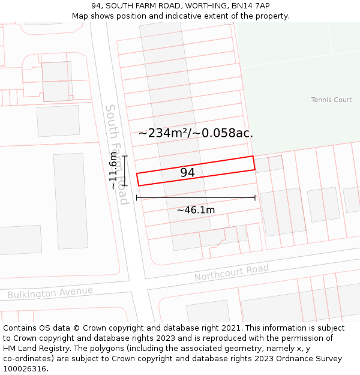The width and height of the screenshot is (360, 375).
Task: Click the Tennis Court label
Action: (331, 100)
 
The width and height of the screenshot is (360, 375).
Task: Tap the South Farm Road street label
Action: (117, 154)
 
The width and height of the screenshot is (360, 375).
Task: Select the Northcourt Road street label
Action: (231, 272)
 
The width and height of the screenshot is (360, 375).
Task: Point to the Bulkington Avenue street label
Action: (50, 292)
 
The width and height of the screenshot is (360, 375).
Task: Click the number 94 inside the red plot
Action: (187, 173)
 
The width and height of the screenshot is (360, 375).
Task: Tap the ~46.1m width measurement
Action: (196, 210)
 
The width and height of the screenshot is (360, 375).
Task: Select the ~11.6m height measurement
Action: (113, 170)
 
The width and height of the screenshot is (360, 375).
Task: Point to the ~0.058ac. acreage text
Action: (227, 133)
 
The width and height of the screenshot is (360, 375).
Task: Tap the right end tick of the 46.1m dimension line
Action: (255, 197)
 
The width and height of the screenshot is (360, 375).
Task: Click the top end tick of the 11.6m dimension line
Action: (125, 157)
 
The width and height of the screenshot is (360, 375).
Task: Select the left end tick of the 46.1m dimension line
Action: (137, 197)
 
